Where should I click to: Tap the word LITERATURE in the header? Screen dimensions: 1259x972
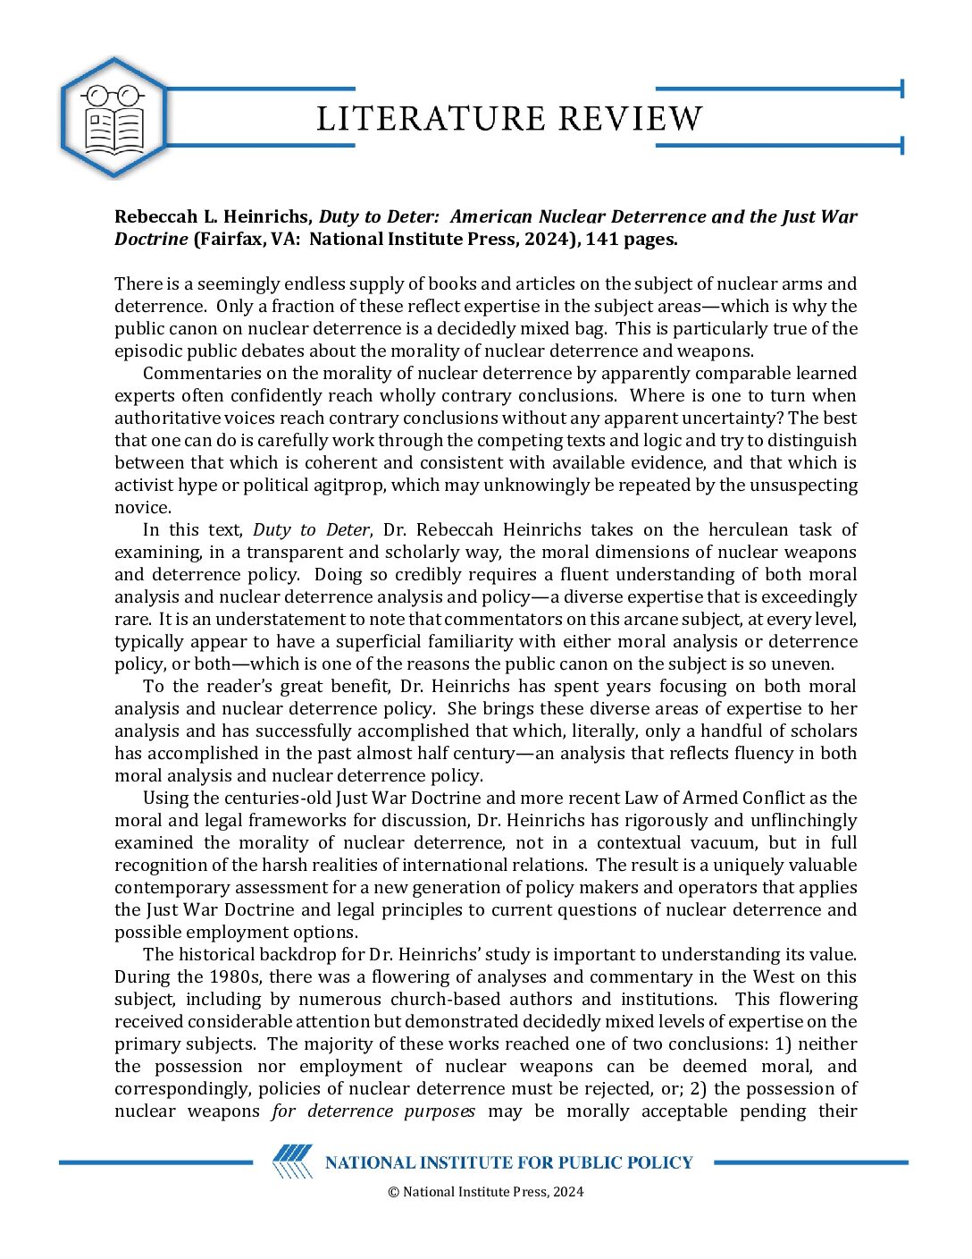click(431, 119)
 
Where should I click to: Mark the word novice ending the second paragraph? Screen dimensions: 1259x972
click(141, 507)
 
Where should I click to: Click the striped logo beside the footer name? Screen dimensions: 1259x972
click(293, 1162)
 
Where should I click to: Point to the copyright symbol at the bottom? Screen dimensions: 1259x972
click(393, 1191)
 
